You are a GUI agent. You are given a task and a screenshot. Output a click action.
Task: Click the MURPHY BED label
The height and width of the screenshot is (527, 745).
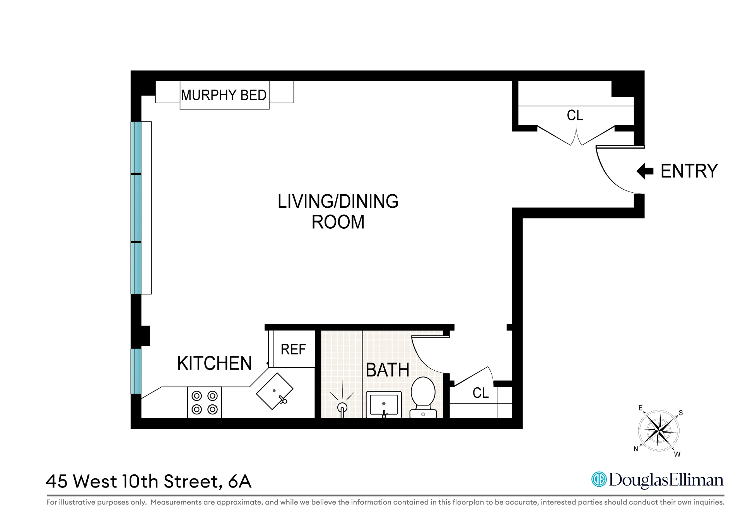click(224, 95)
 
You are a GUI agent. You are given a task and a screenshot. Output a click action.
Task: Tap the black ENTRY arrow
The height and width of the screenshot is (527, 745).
click(645, 171)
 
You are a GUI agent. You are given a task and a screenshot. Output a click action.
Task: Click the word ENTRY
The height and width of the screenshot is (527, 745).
click(689, 171)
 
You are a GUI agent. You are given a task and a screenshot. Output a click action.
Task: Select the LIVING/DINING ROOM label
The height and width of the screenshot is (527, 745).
click(338, 212)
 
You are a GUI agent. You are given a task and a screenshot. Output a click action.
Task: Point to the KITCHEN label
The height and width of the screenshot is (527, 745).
click(214, 363)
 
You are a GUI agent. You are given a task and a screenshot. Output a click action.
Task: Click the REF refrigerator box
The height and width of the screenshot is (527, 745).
click(294, 349)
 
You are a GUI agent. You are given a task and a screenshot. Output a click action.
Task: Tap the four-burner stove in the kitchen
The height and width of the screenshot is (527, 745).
click(205, 402)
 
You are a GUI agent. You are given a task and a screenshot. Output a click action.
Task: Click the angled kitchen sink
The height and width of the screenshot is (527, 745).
click(275, 391)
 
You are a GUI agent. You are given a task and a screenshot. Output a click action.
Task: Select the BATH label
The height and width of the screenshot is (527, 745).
click(387, 370)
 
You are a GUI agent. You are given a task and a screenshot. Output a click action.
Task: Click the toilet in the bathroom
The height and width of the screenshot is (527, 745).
click(423, 397)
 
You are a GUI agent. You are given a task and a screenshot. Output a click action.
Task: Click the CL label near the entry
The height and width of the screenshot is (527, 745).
click(574, 115)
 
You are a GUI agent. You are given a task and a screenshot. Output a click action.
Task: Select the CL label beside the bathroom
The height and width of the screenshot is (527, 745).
click(480, 393)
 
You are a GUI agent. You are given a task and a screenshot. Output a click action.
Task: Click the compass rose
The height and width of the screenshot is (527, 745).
click(658, 430)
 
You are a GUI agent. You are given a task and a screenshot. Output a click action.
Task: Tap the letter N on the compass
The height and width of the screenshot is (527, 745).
click(636, 449)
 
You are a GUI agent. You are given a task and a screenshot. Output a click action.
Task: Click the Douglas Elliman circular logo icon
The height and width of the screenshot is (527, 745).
click(599, 479)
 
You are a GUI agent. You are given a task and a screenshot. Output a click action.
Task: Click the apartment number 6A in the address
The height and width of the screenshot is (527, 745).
click(240, 482)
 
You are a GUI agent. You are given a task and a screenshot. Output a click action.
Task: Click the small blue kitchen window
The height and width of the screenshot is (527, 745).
click(136, 371)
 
